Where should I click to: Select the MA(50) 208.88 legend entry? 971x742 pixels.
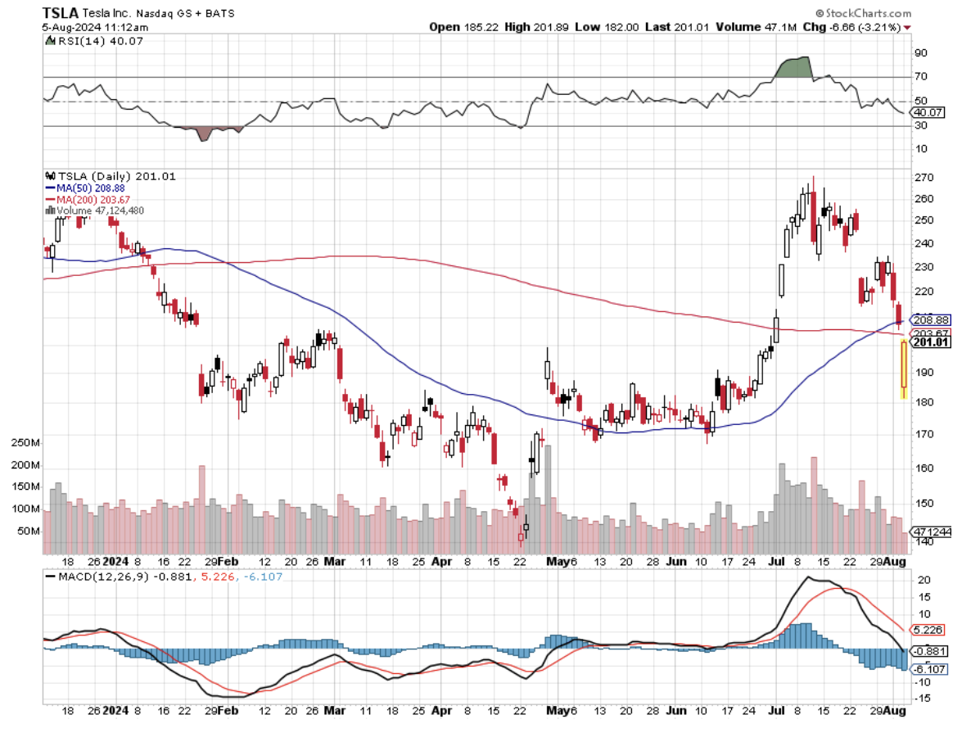(x=91, y=188)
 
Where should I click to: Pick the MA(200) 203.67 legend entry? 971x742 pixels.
(x=93, y=199)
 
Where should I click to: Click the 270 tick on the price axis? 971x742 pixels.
(x=925, y=178)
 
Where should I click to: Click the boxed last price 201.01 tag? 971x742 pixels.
(x=931, y=342)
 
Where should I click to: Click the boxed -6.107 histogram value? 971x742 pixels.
(x=930, y=669)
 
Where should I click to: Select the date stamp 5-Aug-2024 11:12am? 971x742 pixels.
(x=91, y=27)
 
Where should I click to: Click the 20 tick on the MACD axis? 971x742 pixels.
(x=924, y=579)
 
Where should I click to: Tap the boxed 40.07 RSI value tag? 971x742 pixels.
(x=929, y=112)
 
